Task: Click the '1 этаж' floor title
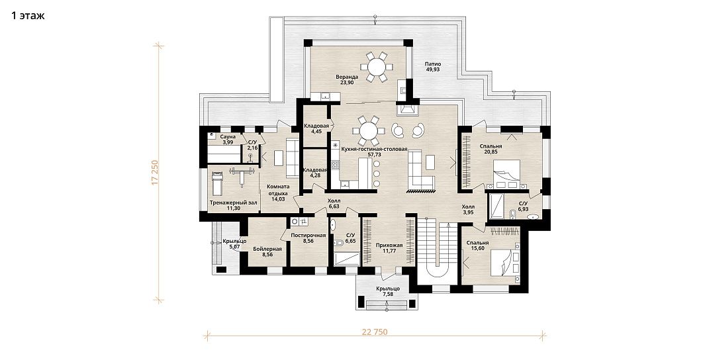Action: point(28,16)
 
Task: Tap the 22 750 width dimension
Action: point(375,333)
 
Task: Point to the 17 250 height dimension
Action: point(156,173)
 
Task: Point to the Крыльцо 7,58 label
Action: point(387,291)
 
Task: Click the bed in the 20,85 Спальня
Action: point(506,174)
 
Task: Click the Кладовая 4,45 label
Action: point(316,129)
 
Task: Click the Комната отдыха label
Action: point(278,190)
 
